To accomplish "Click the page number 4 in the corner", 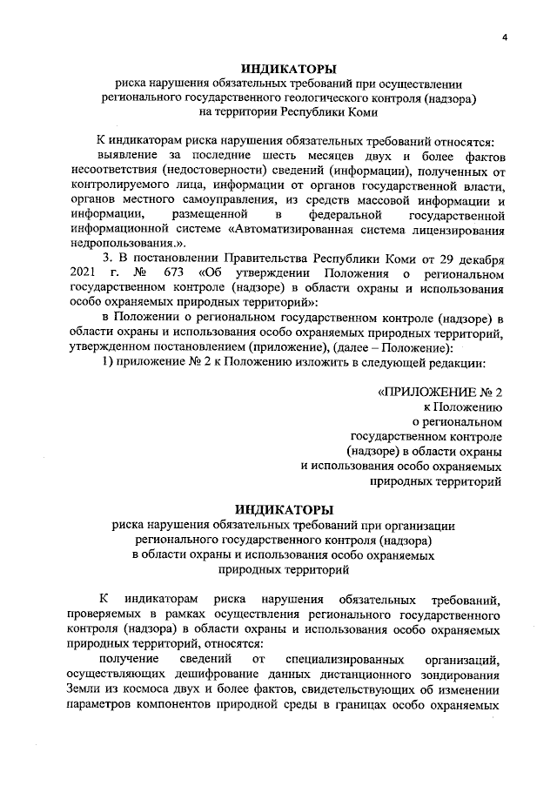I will (504, 37).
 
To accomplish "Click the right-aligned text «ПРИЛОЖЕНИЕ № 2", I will (440, 392).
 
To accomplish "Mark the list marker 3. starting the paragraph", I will (109, 259).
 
